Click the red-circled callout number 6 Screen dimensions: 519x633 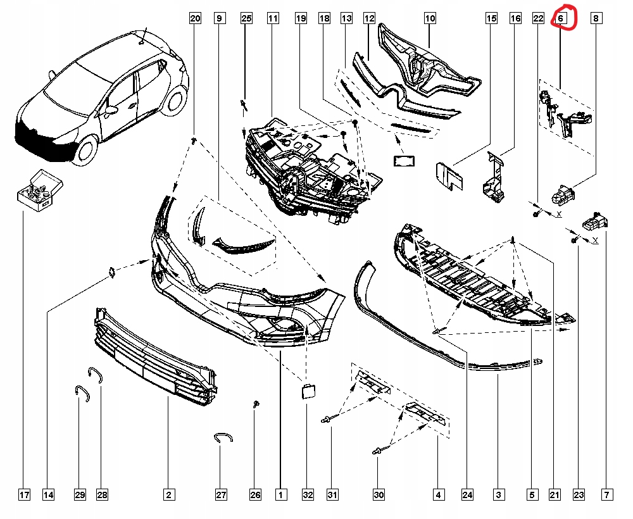(561, 19)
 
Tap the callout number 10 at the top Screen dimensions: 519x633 (430, 19)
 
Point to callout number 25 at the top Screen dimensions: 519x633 (246, 19)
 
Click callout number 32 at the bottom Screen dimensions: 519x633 (308, 494)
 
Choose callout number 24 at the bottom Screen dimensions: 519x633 (467, 494)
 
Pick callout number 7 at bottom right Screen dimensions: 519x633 (607, 494)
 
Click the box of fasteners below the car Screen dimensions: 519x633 (40, 189)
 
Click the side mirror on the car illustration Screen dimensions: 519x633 (112, 111)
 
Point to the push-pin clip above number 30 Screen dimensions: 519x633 (377, 451)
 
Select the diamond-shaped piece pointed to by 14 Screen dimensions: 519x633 (111, 272)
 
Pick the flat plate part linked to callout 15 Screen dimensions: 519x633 (448, 177)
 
